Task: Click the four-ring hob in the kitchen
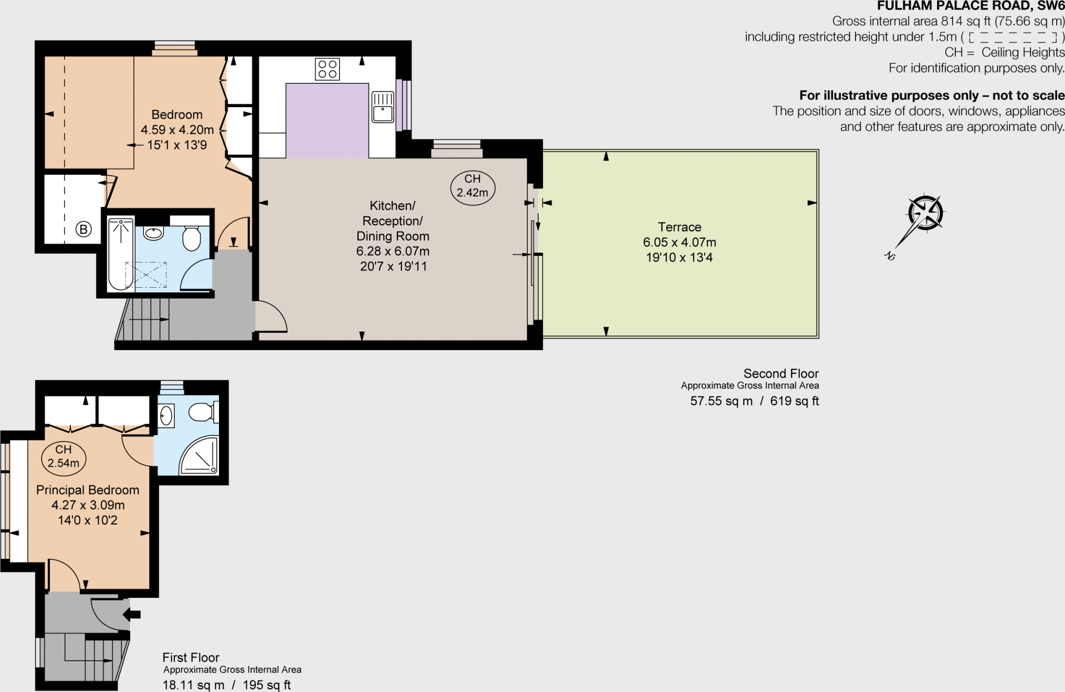(x=327, y=69)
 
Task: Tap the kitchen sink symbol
(x=383, y=107)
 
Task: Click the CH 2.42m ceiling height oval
(x=472, y=186)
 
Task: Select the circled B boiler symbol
(x=83, y=229)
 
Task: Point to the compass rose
(x=925, y=213)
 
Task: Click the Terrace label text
(x=679, y=227)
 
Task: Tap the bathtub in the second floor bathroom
(x=121, y=253)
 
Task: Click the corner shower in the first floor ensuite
(x=200, y=456)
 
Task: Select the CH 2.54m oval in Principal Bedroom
(x=63, y=456)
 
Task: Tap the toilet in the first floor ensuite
(x=202, y=413)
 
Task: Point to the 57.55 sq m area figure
(x=721, y=401)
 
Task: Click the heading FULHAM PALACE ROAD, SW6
(x=970, y=6)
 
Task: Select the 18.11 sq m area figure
(x=193, y=685)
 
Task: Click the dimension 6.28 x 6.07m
(x=393, y=251)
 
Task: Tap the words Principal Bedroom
(x=87, y=490)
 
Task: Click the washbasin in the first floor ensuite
(x=166, y=416)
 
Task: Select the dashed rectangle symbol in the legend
(x=1012, y=37)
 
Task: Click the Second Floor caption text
(x=781, y=374)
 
